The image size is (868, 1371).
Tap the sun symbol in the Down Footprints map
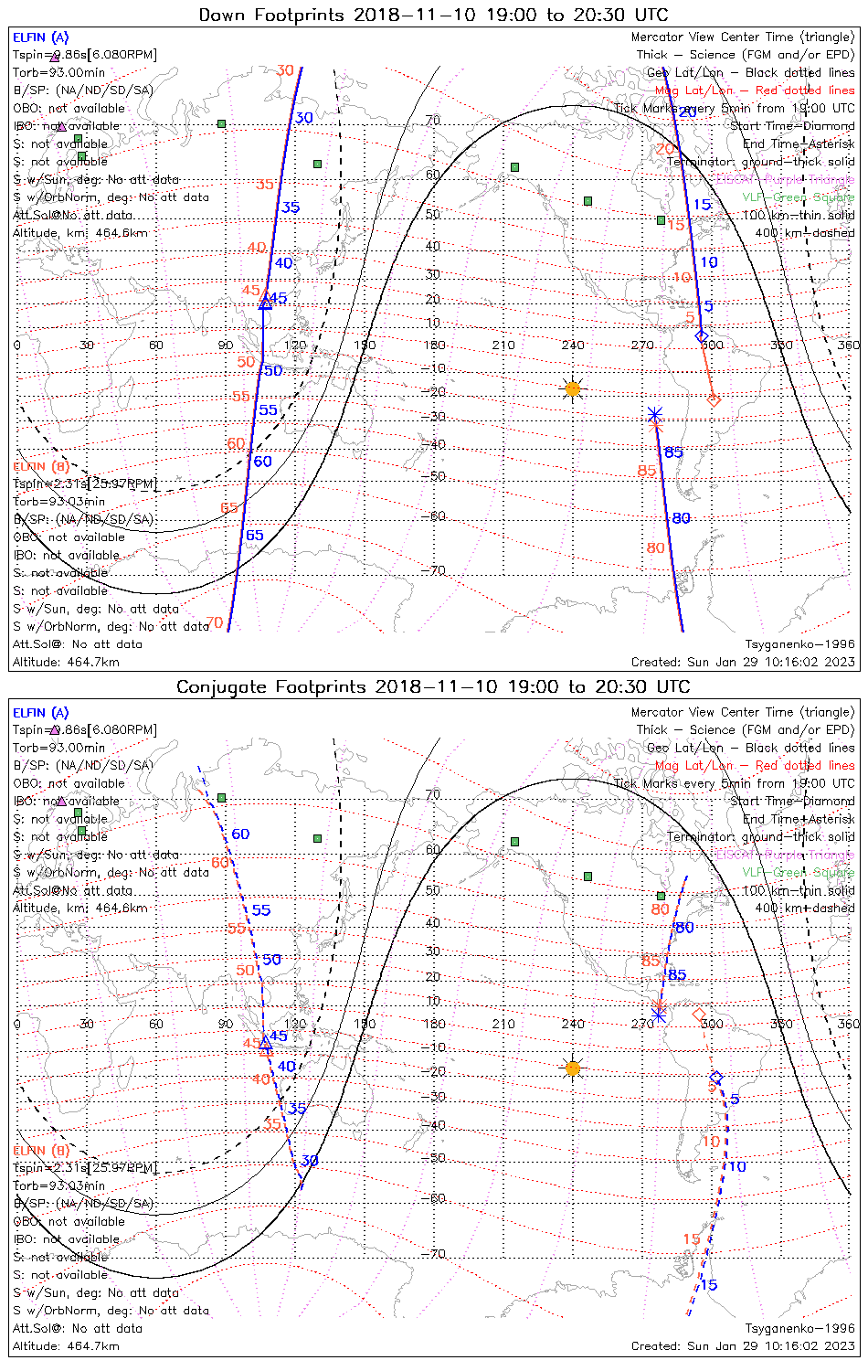pyautogui.click(x=573, y=388)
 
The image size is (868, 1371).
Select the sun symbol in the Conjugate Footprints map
pyautogui.click(x=573, y=1068)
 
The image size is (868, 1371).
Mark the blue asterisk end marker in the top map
pyautogui.click(x=654, y=414)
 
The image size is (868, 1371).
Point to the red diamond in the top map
pyautogui.click(x=714, y=399)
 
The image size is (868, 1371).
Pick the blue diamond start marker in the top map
pyautogui.click(x=702, y=336)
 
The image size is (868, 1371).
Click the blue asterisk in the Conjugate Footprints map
pyautogui.click(x=658, y=1014)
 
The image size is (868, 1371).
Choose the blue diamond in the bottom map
pyautogui.click(x=716, y=1078)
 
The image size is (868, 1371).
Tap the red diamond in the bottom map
pyautogui.click(x=699, y=1015)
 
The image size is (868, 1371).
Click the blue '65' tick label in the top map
pyautogui.click(x=254, y=536)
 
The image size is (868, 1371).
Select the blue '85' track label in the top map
pyautogui.click(x=673, y=452)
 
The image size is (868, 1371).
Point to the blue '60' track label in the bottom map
pyautogui.click(x=240, y=834)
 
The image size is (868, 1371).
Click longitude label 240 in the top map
pyautogui.click(x=573, y=345)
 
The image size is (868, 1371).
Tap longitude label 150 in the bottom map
pyautogui.click(x=365, y=1024)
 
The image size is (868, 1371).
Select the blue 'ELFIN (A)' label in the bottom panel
pyautogui.click(x=40, y=713)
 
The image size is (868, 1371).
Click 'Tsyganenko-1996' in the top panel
pyautogui.click(x=800, y=644)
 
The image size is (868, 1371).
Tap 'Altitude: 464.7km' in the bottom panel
pyautogui.click(x=66, y=1345)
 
